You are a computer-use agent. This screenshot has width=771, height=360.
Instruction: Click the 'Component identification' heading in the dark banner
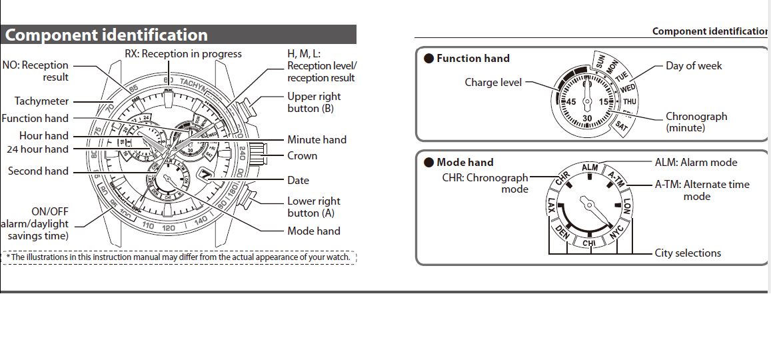pyautogui.click(x=107, y=35)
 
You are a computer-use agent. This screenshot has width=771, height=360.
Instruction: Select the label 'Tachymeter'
pyautogui.click(x=41, y=101)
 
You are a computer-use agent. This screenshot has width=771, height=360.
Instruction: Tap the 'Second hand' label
pyautogui.click(x=38, y=171)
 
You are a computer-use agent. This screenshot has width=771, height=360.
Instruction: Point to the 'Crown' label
pyautogui.click(x=302, y=156)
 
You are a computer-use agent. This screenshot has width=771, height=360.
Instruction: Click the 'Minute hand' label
pyautogui.click(x=317, y=140)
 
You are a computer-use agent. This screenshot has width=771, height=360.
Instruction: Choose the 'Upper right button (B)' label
pyautogui.click(x=314, y=102)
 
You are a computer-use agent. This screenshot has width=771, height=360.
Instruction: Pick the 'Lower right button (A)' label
pyautogui.click(x=313, y=207)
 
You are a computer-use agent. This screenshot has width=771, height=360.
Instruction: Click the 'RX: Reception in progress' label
pyautogui.click(x=183, y=54)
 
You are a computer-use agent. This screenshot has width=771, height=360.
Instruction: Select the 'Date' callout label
pyautogui.click(x=298, y=180)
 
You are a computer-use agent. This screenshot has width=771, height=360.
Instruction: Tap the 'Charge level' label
pyautogui.click(x=493, y=83)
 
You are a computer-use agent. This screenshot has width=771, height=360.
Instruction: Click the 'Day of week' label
pyautogui.click(x=694, y=66)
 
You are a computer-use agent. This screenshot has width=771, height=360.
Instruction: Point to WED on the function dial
pyautogui.click(x=628, y=88)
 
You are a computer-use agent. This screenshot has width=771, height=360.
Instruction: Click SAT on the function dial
pyautogui.click(x=621, y=125)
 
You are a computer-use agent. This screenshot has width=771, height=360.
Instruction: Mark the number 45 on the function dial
pyautogui.click(x=570, y=102)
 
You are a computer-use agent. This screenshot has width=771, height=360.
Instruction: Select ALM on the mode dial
pyautogui.click(x=590, y=167)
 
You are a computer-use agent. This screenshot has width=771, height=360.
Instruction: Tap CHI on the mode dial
pyautogui.click(x=589, y=243)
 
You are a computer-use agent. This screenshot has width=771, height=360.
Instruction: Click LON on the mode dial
pyautogui.click(x=626, y=206)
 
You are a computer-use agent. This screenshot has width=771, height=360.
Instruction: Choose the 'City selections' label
pyautogui.click(x=688, y=253)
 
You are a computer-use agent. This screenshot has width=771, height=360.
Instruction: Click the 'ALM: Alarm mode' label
pyautogui.click(x=696, y=163)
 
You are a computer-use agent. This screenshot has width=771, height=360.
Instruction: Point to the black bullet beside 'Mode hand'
pyautogui.click(x=429, y=163)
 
